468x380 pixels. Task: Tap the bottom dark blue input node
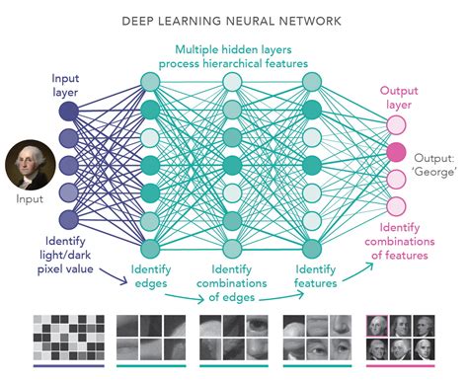click(x=68, y=220)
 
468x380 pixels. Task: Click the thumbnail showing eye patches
click(x=233, y=337)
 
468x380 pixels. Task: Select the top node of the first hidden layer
click(x=150, y=82)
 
